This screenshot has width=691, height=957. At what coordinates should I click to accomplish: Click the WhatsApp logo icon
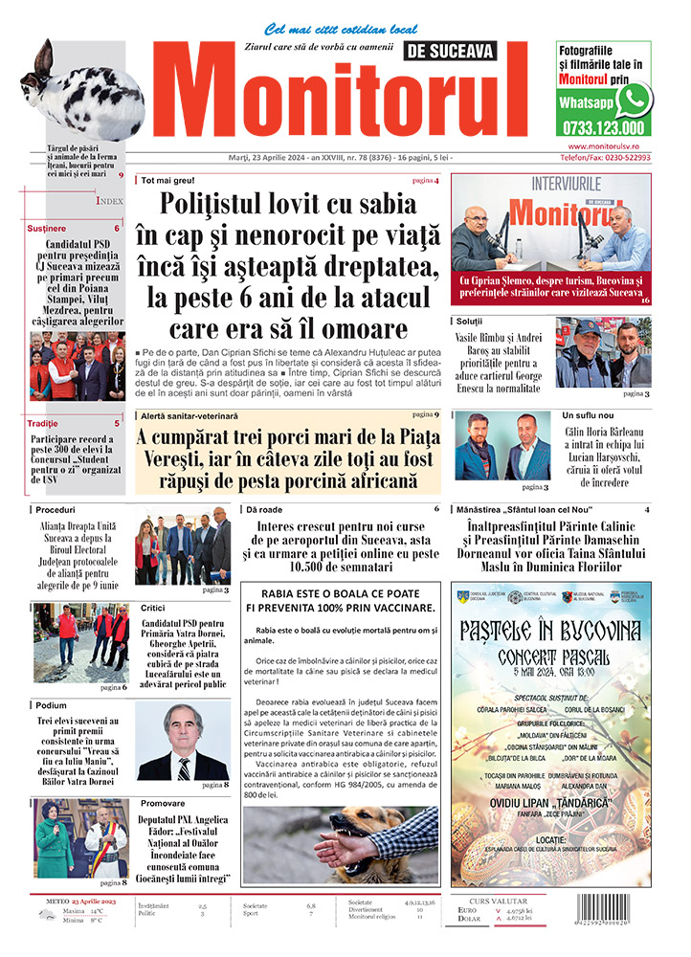pyautogui.click(x=634, y=99)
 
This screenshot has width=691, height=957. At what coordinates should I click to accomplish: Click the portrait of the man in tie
pyautogui.click(x=182, y=742)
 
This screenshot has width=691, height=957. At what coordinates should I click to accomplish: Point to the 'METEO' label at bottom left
pyautogui.click(x=63, y=901)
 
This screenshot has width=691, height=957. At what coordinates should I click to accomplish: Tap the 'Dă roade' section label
pyautogui.click(x=265, y=509)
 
